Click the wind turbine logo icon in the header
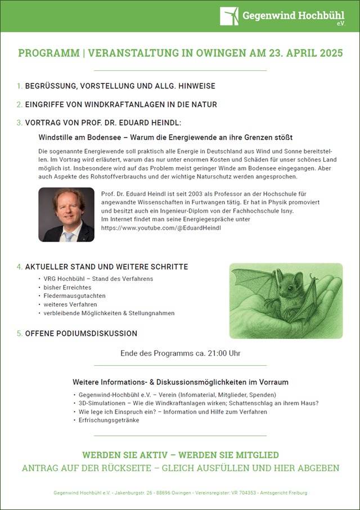pyautogui.click(x=229, y=16)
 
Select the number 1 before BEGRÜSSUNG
pyautogui.click(x=19, y=86)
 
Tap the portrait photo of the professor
pyautogui.click(x=66, y=214)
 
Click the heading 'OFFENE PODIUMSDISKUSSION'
pyautogui.click(x=81, y=333)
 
